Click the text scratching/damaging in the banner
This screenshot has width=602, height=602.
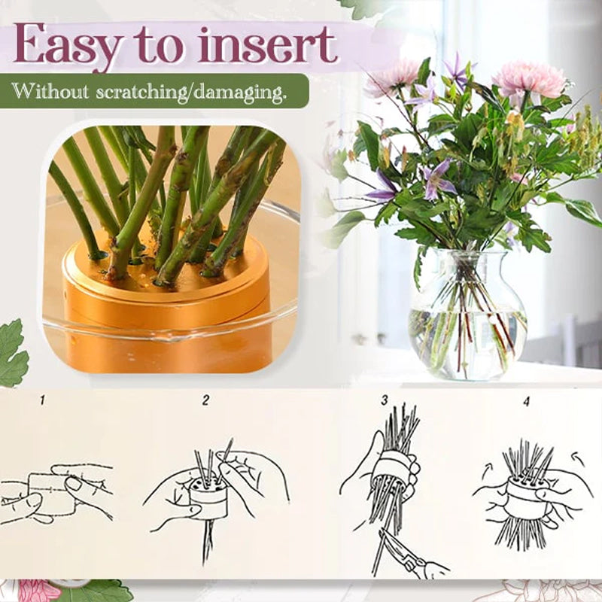tap(187, 93)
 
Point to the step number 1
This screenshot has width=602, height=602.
tap(42, 401)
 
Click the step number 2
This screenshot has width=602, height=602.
tap(205, 401)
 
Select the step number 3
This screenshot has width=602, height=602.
tap(385, 401)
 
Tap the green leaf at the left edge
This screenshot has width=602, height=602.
tap(11, 354)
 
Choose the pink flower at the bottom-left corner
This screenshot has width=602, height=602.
tap(34, 591)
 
